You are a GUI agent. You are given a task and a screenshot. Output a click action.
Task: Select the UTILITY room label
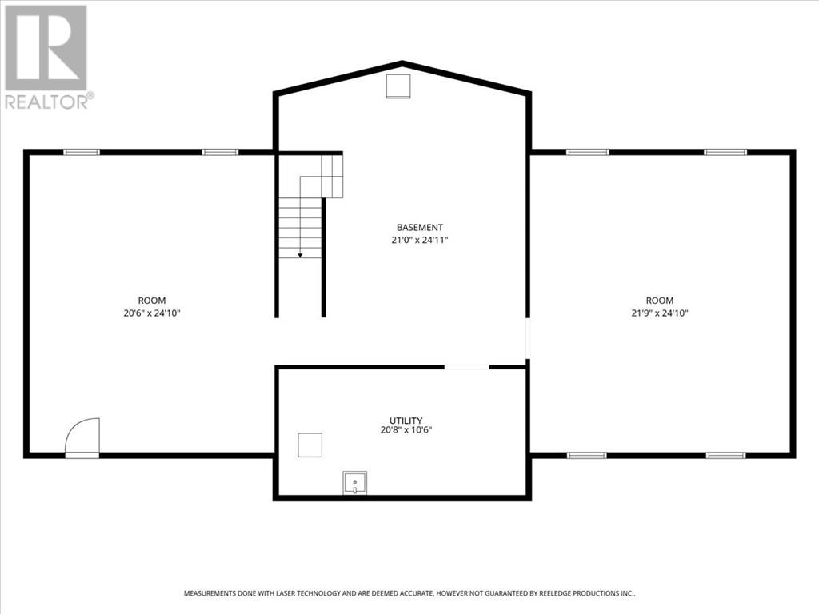[x=406, y=420]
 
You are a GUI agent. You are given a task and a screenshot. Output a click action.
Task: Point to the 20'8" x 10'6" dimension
[x=406, y=430]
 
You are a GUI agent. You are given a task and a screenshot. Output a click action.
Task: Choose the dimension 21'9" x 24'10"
[x=660, y=313]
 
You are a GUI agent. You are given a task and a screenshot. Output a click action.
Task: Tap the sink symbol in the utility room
[x=355, y=483]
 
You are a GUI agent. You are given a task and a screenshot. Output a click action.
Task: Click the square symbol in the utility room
[x=310, y=445]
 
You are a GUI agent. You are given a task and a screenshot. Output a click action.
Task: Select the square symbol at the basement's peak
[x=398, y=86]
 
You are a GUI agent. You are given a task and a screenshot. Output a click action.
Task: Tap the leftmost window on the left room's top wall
[x=82, y=152]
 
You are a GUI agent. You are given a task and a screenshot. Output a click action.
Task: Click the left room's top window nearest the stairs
[x=219, y=152]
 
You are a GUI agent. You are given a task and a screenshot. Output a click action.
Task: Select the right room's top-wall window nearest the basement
[x=587, y=152]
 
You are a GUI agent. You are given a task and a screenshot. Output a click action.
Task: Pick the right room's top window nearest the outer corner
[x=725, y=152]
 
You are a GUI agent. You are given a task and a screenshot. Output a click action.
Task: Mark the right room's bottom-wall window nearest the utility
[x=586, y=455]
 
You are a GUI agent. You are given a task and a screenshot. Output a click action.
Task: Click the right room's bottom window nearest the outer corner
[x=725, y=455]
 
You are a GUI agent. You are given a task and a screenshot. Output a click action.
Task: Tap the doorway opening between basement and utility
[x=466, y=367]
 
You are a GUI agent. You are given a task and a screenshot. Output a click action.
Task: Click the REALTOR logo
[x=47, y=56]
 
